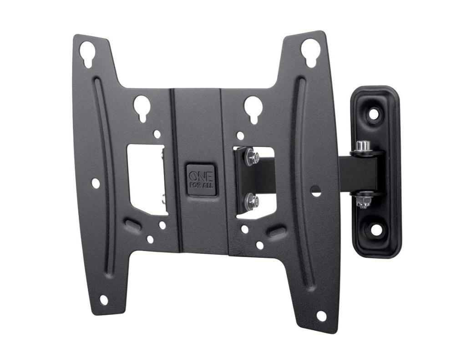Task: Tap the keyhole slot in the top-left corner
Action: [87, 53]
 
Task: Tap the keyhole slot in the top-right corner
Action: [309, 51]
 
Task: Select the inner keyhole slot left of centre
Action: [142, 107]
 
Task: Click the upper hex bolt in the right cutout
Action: [252, 157]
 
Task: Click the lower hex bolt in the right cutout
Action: [252, 201]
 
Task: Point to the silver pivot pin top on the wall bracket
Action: [363, 146]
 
